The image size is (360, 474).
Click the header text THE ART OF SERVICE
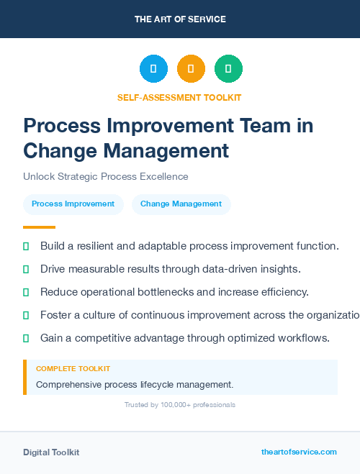coord(180,19)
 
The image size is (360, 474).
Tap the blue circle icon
coord(153,68)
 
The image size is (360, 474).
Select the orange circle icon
coord(191,68)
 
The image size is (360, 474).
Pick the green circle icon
coord(228,68)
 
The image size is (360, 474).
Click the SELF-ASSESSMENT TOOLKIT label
coord(180,97)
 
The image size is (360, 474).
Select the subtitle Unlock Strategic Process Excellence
coord(105,176)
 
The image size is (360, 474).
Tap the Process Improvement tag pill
coord(73,204)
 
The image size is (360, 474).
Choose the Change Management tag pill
coord(181,204)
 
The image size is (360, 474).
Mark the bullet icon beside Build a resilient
coord(26,246)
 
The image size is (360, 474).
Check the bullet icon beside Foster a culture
coord(26,315)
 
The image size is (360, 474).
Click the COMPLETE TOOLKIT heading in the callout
coord(73,369)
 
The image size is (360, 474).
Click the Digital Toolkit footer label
coord(51,452)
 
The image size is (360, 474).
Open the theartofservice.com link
coord(299,452)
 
